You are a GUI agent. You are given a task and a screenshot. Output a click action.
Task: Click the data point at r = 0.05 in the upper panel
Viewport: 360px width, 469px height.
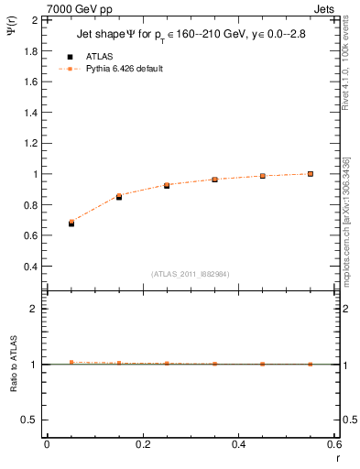[71, 223]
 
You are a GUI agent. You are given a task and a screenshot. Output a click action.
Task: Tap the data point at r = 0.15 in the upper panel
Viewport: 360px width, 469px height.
[119, 196]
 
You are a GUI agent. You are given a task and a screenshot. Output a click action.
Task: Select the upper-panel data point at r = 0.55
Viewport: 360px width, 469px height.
[311, 173]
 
